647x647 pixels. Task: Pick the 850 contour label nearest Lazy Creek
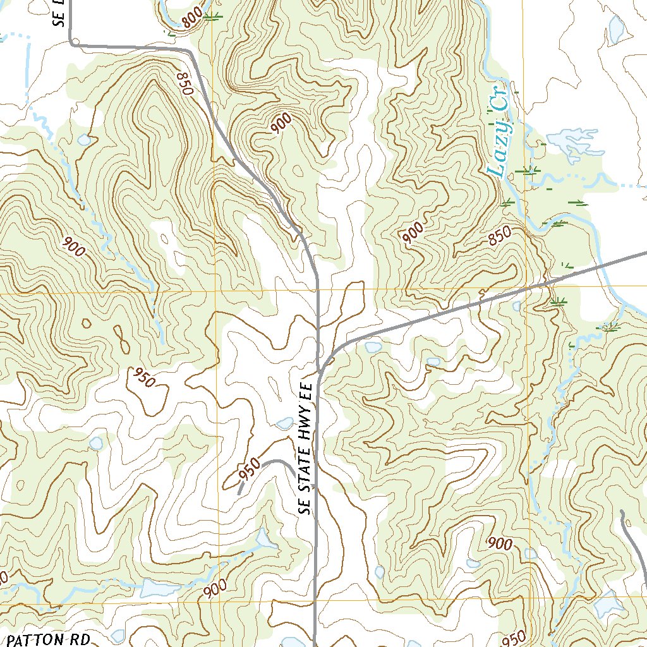click(500, 237)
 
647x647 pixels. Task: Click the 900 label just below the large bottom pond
click(215, 589)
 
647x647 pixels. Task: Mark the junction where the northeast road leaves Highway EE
click(320, 373)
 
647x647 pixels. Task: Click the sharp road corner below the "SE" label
click(74, 43)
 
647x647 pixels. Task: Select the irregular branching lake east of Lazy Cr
click(572, 142)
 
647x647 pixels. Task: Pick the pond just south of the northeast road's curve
click(373, 347)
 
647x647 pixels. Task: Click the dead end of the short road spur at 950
click(239, 492)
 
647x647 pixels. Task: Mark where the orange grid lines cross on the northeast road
click(528, 289)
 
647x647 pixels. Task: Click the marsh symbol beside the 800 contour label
click(213, 18)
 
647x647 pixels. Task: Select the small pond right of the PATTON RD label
click(118, 634)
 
